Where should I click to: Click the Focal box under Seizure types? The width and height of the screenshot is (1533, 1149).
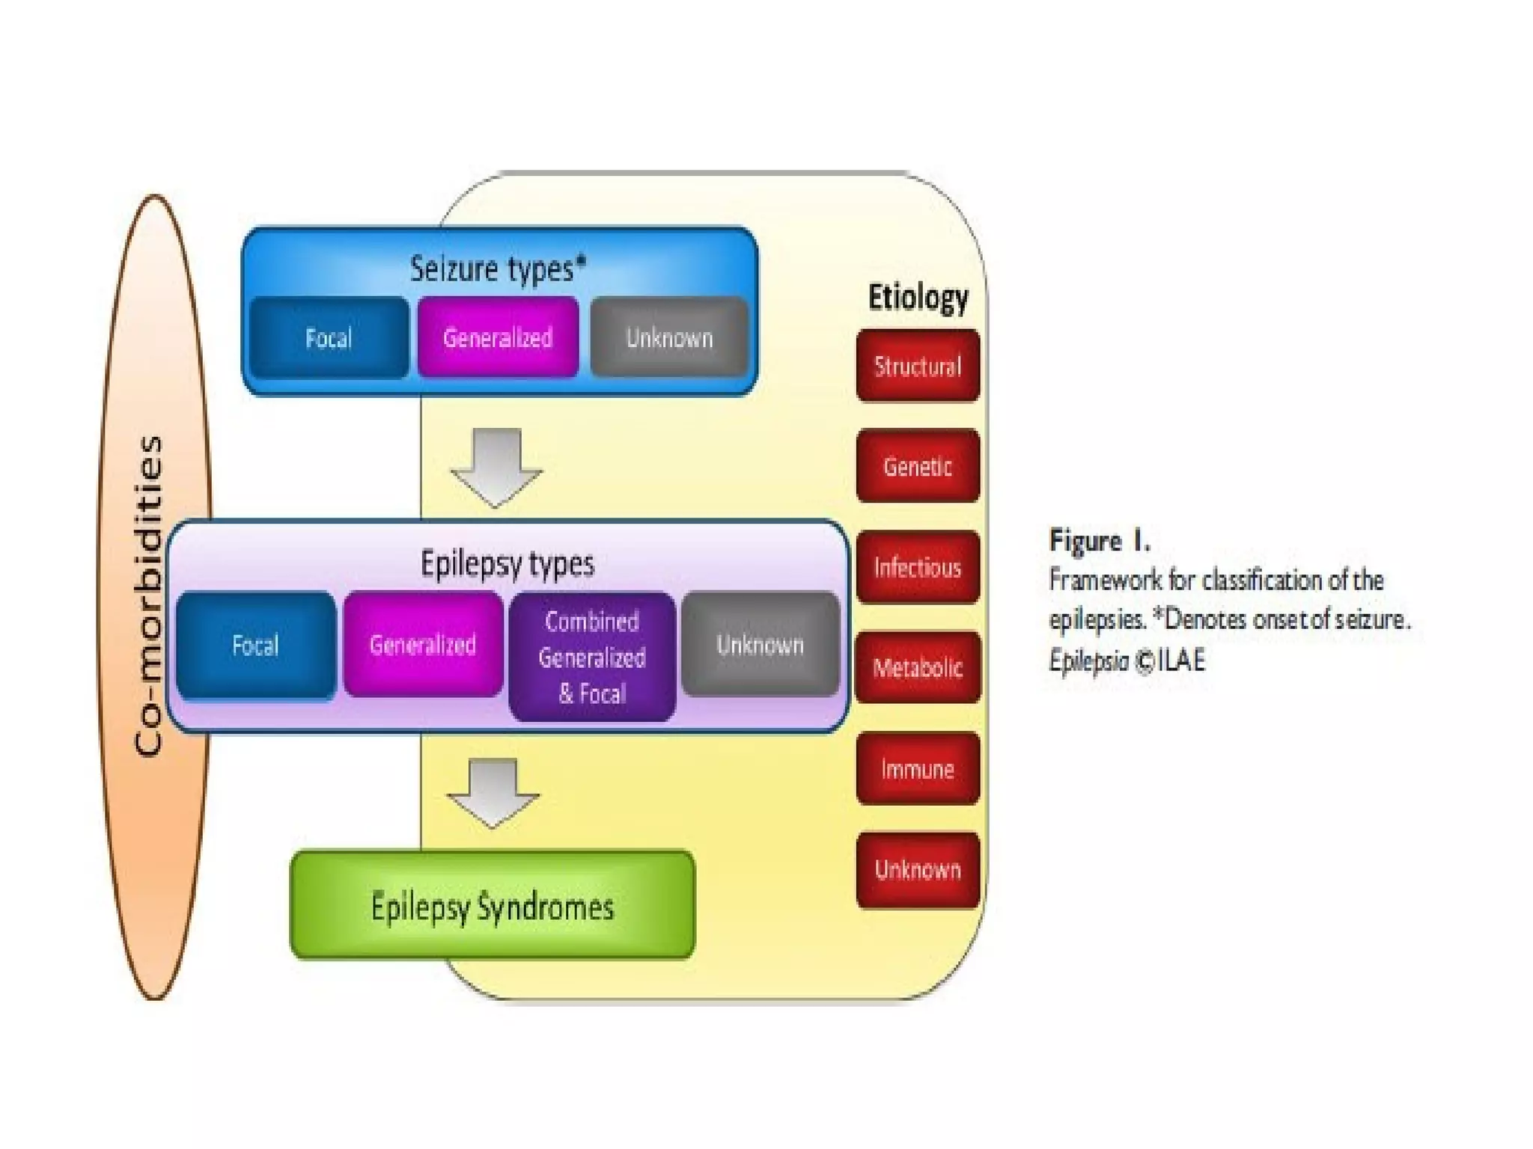329,338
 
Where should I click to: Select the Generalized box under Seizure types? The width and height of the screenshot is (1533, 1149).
498,337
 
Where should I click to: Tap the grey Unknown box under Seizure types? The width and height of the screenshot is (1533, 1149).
669,337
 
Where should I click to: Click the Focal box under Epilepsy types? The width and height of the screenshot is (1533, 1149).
256,645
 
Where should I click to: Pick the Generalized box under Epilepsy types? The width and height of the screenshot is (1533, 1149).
423,644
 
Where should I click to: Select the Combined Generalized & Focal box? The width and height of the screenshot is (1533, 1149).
592,657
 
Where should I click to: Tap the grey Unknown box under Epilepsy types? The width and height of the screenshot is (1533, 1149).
760,644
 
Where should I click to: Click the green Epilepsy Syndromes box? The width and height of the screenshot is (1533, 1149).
493,906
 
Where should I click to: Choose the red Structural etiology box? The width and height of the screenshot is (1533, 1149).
918,366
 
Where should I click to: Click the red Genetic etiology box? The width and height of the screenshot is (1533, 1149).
918,466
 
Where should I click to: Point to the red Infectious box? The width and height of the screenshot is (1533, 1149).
918,567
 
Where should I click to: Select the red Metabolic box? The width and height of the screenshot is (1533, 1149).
918,667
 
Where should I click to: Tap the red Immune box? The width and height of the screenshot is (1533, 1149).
918,768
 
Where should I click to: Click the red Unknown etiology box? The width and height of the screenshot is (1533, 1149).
918,869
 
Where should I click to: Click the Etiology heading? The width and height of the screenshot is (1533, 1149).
918,297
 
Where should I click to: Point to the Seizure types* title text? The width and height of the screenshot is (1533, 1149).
498,269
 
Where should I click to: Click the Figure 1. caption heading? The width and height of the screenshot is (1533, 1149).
1099,540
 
